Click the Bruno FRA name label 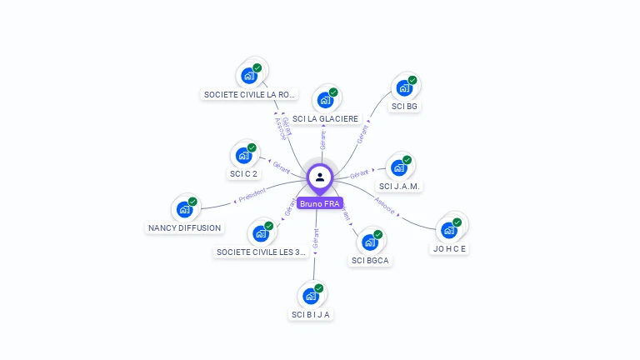pyautogui.click(x=320, y=203)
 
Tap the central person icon pyautogui.click(x=320, y=177)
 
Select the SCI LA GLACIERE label pyautogui.click(x=325, y=119)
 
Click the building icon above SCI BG pyautogui.click(x=404, y=88)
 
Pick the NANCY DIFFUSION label pyautogui.click(x=185, y=227)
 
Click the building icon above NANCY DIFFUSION pyautogui.click(x=184, y=209)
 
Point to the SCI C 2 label pyautogui.click(x=243, y=174)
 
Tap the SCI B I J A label pyautogui.click(x=311, y=314)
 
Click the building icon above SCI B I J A pyautogui.click(x=311, y=296)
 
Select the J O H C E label pyautogui.click(x=450, y=248)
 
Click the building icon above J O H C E pyautogui.click(x=449, y=230)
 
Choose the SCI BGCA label pyautogui.click(x=370, y=261)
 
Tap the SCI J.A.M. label pyautogui.click(x=398, y=186)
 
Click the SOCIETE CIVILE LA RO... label pyautogui.click(x=249, y=94)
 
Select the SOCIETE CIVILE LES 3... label pyautogui.click(x=262, y=252)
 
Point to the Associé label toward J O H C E pyautogui.click(x=384, y=205)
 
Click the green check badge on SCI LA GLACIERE pyautogui.click(x=333, y=92)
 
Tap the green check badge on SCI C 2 pyautogui.click(x=252, y=148)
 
